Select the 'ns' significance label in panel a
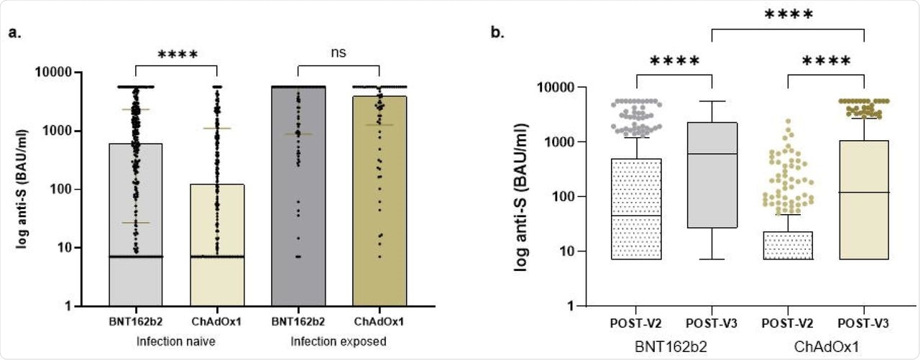(339, 53)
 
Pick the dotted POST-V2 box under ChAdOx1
(786, 245)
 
